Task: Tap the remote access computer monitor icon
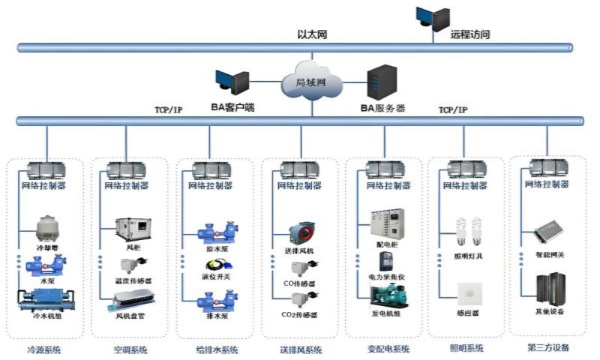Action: click(x=433, y=18)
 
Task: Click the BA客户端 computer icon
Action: click(x=231, y=84)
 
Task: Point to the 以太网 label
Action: click(x=311, y=34)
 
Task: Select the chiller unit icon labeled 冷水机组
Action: click(x=44, y=300)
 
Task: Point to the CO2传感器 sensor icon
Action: click(x=304, y=299)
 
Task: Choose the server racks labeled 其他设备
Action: click(x=550, y=289)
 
